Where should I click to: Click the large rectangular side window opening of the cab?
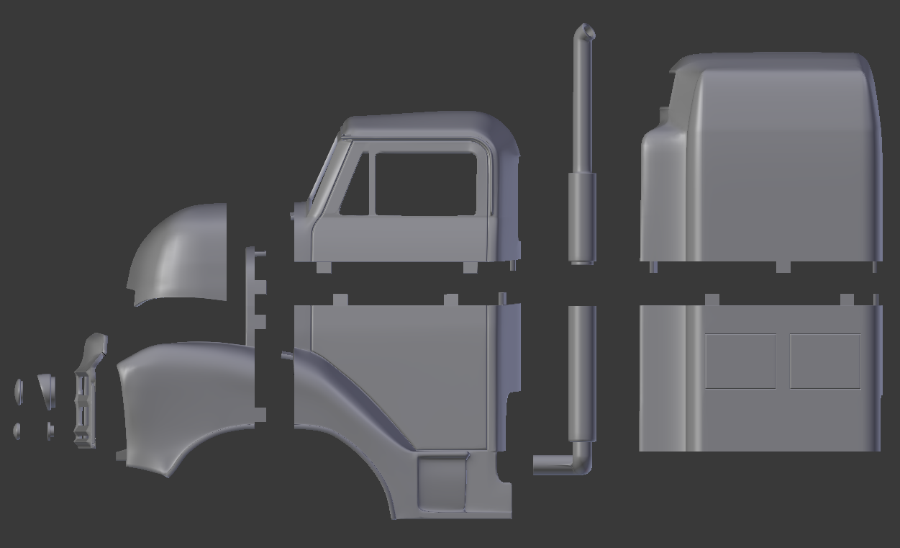(425, 184)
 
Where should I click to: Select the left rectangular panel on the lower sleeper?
(740, 361)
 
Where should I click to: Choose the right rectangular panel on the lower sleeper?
(825, 361)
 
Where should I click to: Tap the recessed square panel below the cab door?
(442, 482)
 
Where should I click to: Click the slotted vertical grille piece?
(85, 403)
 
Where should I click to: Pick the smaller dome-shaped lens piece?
(17, 431)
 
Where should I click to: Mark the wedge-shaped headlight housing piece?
(47, 390)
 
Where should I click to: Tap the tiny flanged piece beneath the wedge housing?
(50, 430)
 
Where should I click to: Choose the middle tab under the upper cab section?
(470, 267)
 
